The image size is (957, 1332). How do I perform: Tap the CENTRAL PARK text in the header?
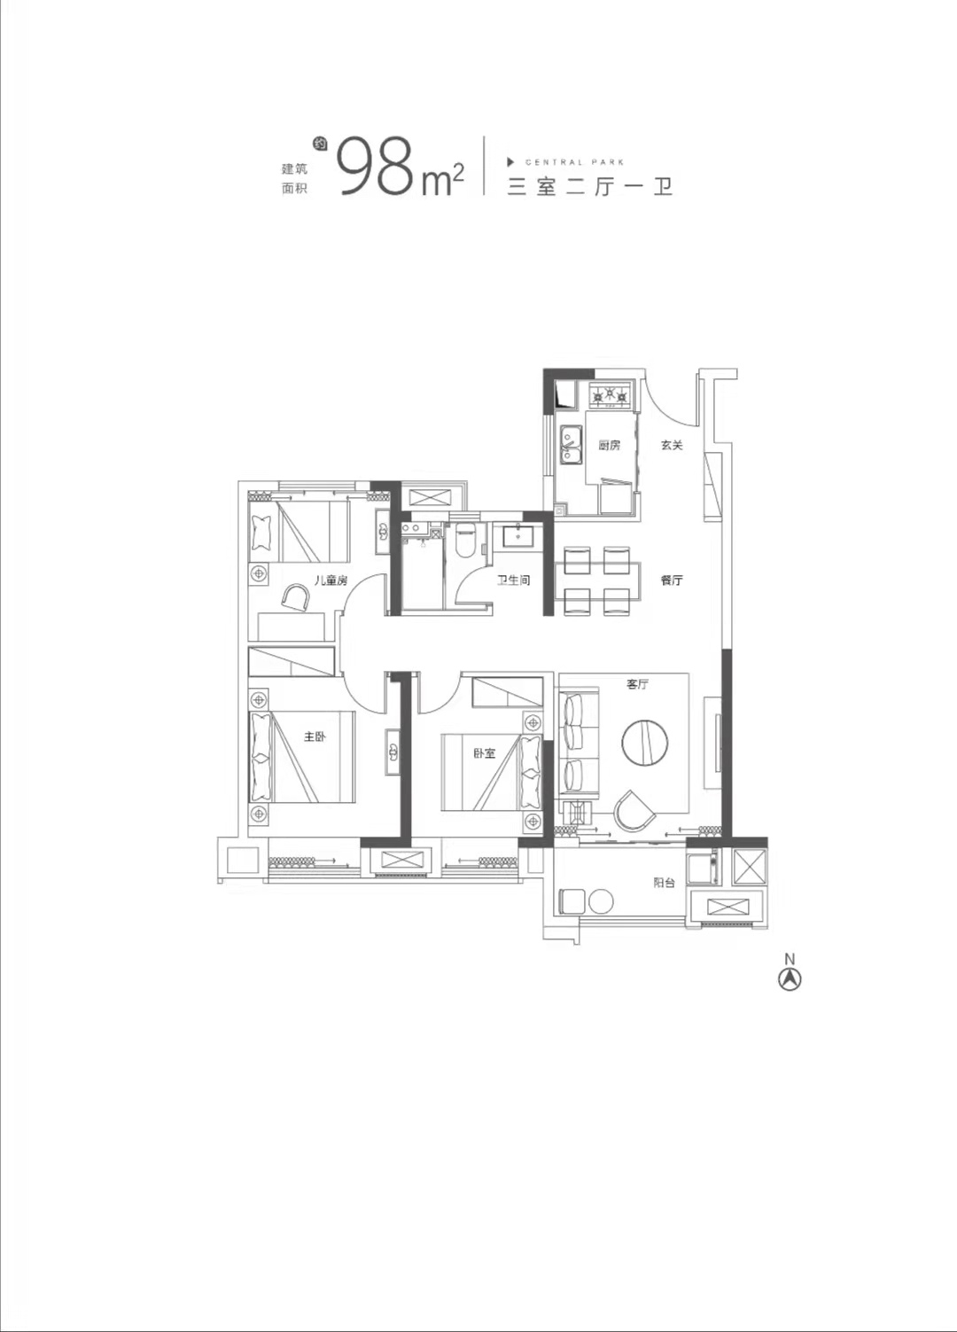point(573,162)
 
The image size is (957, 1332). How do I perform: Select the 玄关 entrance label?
point(671,445)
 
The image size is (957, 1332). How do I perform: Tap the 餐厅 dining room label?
point(671,580)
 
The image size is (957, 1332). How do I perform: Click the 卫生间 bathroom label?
point(514,580)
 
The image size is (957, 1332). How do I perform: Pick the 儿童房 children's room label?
point(331,580)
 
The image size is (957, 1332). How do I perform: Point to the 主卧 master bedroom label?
point(315,736)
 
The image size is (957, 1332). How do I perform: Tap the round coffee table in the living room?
point(644,742)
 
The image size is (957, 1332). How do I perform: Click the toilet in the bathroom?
point(464,540)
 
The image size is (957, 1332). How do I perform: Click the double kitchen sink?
point(572,444)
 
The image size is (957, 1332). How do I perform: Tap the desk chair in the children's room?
point(296,596)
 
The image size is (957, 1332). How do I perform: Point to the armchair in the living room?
point(634,811)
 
